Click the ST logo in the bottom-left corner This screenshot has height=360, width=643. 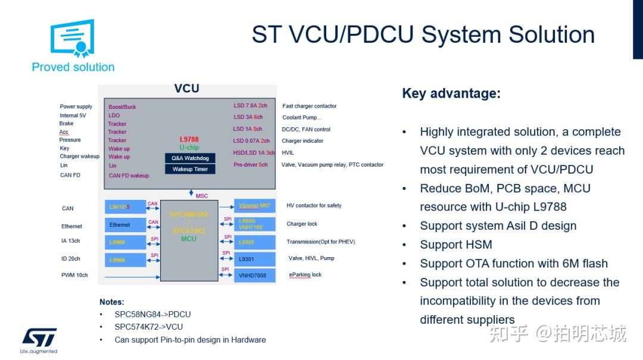(x=39, y=337)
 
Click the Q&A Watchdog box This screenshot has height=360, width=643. (x=190, y=158)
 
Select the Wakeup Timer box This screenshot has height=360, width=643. (x=190, y=169)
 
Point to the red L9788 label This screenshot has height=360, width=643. (x=189, y=139)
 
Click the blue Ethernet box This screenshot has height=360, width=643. (x=125, y=225)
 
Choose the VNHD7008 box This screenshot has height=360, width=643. (x=254, y=276)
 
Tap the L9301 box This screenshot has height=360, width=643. (x=254, y=259)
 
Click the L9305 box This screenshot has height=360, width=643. (x=254, y=242)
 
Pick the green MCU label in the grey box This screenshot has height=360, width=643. (x=189, y=239)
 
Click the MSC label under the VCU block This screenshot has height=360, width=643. (x=202, y=196)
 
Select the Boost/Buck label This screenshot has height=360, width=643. (x=122, y=107)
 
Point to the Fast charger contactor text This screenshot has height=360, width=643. (x=310, y=106)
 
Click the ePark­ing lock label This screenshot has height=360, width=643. (x=305, y=275)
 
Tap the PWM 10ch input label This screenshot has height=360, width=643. (x=74, y=275)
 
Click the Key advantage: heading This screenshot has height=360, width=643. (x=451, y=93)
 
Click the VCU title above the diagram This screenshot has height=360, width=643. (x=186, y=89)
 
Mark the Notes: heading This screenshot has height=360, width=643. (x=112, y=302)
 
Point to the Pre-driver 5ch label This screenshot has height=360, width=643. (x=251, y=165)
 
